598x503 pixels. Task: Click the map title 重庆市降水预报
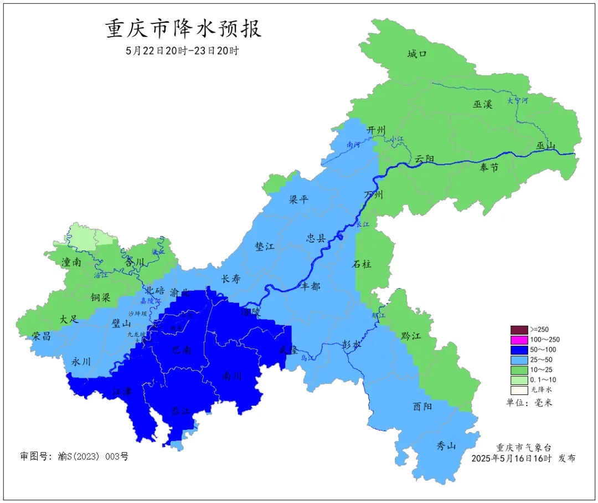(183, 29)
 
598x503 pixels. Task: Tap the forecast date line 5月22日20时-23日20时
(182, 50)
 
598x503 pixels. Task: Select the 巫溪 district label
(482, 104)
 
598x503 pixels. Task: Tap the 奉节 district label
(489, 167)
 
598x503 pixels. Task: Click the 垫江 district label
(265, 247)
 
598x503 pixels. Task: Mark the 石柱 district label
(362, 264)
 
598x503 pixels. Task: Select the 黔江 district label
(410, 336)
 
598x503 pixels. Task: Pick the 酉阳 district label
(422, 406)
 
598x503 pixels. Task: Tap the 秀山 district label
(446, 445)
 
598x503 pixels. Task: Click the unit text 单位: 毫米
(529, 402)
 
